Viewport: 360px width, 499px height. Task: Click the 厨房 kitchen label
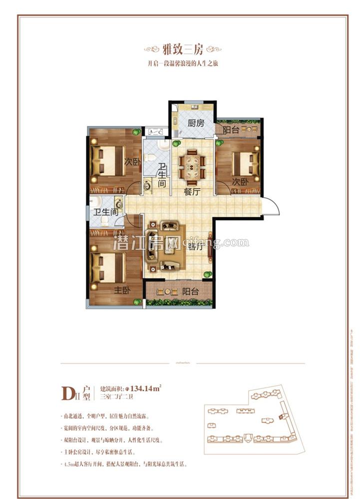click(196, 124)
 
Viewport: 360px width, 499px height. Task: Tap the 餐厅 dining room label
click(192, 191)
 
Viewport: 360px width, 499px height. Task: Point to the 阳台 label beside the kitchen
click(231, 130)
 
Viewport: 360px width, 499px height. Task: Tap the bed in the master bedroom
click(107, 266)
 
